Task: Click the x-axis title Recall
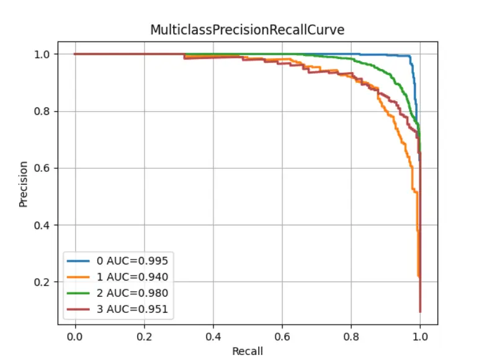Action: coord(248,351)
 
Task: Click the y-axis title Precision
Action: coord(24,184)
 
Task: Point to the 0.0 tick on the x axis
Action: coord(75,335)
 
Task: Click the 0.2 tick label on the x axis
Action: coord(144,335)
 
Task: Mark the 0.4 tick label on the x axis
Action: coord(213,335)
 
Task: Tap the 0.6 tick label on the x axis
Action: coord(282,335)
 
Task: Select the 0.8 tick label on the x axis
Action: coord(351,335)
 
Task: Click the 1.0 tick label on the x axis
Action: coord(420,335)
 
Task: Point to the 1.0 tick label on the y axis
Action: coord(43,54)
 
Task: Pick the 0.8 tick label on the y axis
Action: coord(43,111)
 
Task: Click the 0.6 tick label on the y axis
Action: coord(43,168)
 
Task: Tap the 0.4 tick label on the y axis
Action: coord(43,225)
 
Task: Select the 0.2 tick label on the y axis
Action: coord(43,282)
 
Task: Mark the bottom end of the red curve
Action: coord(420,312)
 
